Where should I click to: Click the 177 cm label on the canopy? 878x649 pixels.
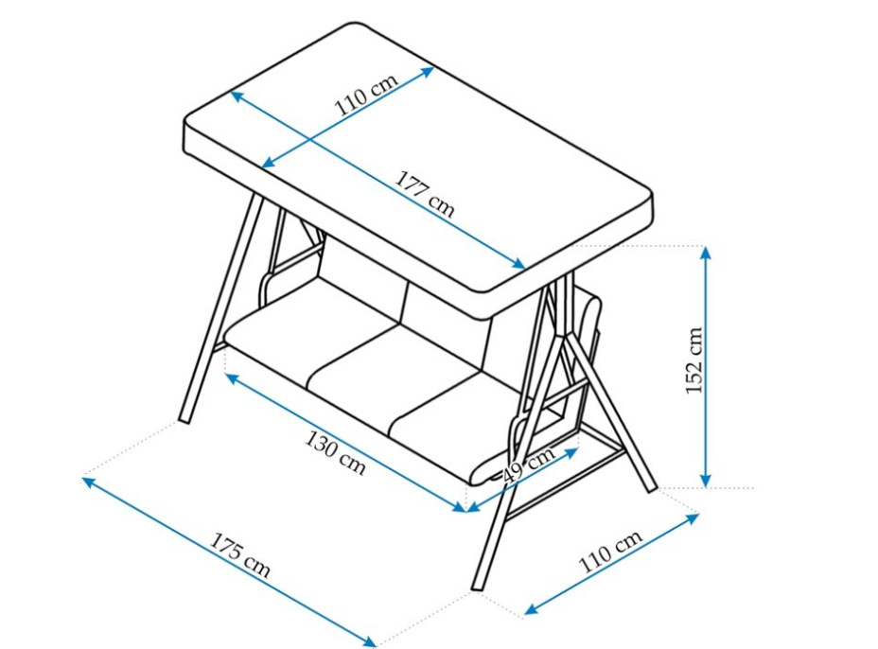(x=425, y=194)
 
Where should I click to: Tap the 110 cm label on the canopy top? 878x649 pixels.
(x=366, y=93)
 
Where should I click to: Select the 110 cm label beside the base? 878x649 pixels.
(x=610, y=552)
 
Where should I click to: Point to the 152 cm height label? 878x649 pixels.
(x=694, y=360)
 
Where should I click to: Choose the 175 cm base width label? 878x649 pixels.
(x=240, y=555)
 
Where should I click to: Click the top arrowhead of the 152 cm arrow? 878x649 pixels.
(x=706, y=252)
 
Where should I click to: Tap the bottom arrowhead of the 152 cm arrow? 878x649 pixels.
(x=706, y=481)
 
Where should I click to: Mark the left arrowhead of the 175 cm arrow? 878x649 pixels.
(x=90, y=481)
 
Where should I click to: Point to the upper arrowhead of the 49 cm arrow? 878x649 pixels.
(x=571, y=451)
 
